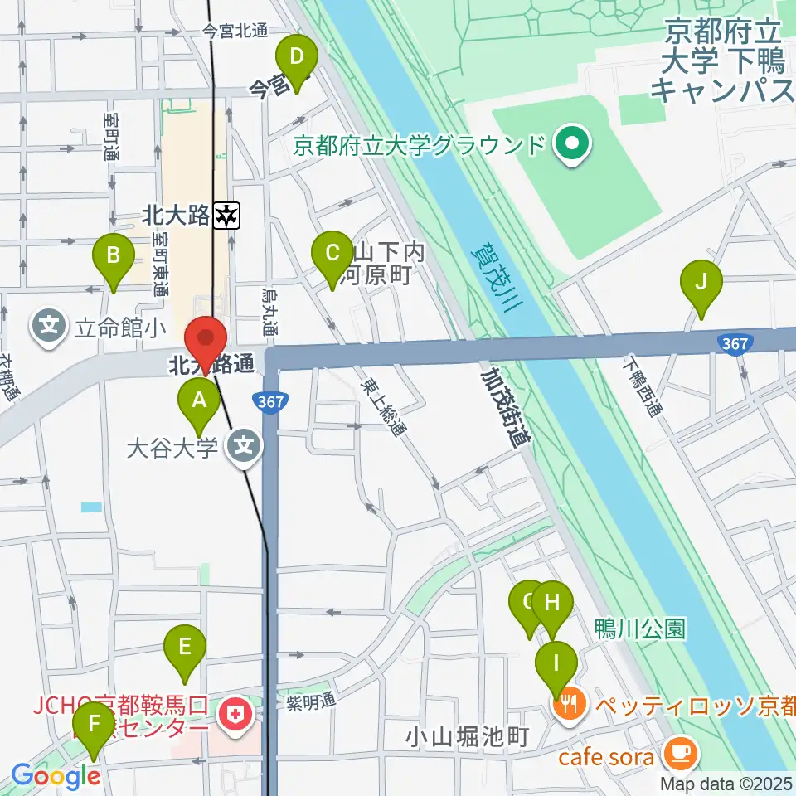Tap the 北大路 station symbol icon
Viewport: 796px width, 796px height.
coord(226,216)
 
